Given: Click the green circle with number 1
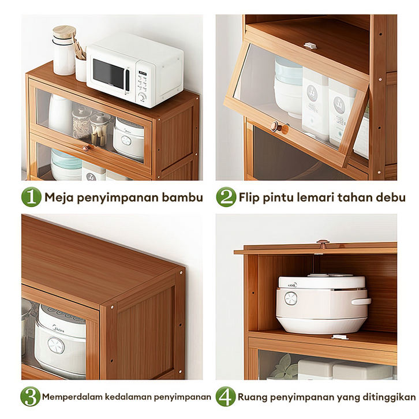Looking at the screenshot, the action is point(31,197).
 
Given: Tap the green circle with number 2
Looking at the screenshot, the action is point(226,197).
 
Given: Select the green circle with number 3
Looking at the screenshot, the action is point(30,396).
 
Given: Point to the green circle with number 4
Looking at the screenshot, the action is point(226,396).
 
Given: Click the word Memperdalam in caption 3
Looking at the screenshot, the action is point(72,397).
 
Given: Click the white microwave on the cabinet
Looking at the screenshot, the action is point(135,70).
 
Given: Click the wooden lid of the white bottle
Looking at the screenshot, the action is point(64,32).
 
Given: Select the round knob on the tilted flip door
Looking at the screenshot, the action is point(276,126).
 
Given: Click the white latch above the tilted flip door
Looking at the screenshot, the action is point(310,46).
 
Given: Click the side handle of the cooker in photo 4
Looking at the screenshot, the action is point(361,301).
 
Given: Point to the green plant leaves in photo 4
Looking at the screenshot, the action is point(285,366).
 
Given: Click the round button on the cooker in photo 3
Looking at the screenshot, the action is point(56,345).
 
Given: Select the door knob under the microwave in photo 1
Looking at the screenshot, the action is point(85,148).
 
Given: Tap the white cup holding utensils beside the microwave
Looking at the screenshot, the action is point(81,69).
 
